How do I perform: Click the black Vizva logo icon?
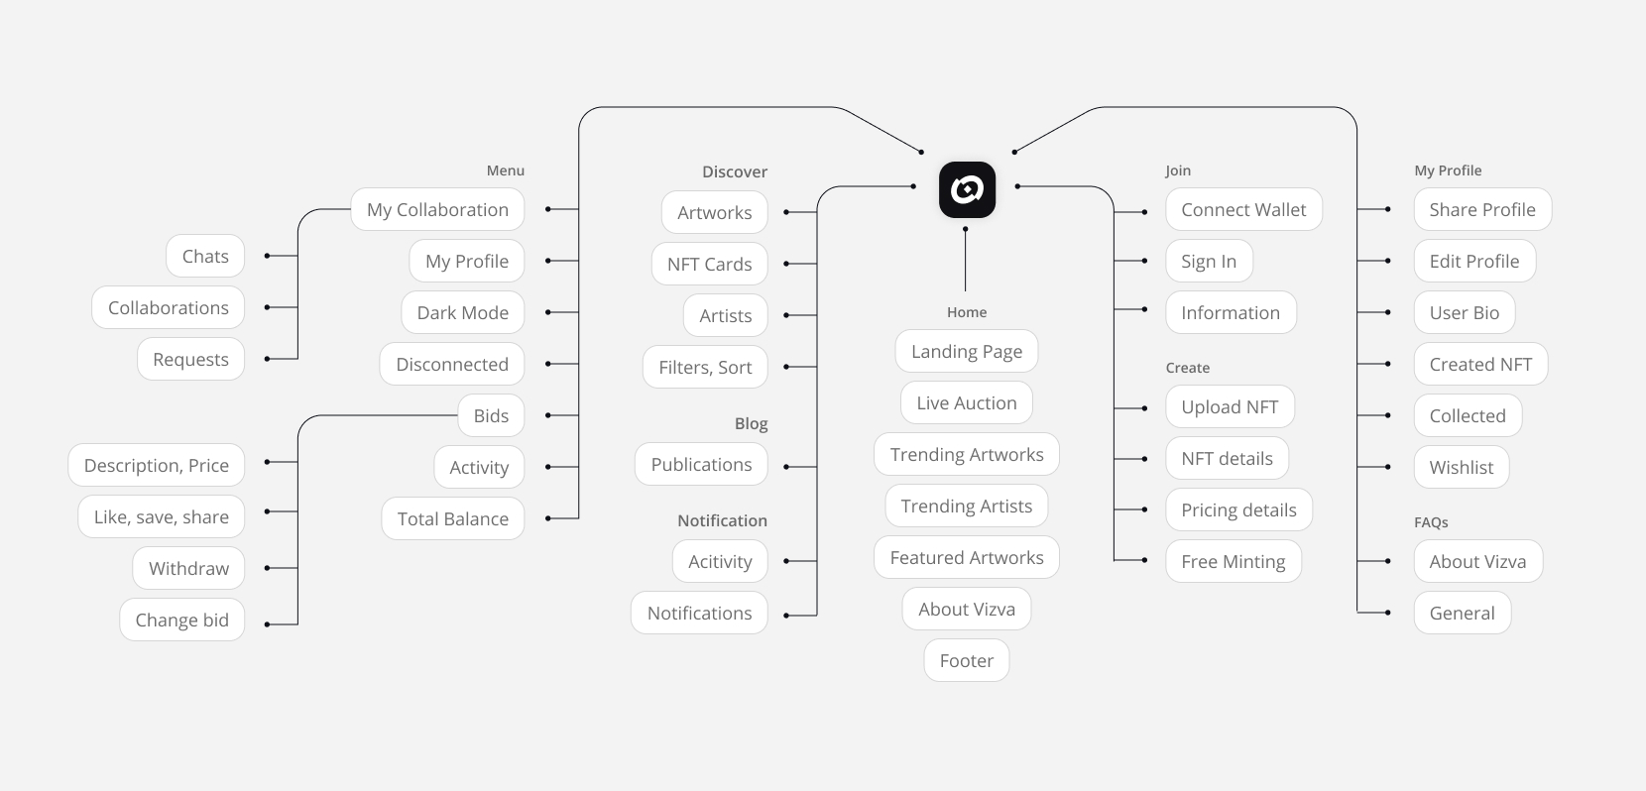click(x=967, y=189)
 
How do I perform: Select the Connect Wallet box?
click(x=1243, y=209)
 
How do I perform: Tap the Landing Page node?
click(x=967, y=351)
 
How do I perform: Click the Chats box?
click(x=205, y=256)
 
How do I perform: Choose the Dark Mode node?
click(x=463, y=312)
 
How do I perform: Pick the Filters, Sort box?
click(x=705, y=367)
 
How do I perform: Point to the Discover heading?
click(x=734, y=171)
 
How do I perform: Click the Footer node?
click(x=967, y=660)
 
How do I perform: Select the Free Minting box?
click(x=1234, y=561)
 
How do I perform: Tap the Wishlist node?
click(x=1461, y=467)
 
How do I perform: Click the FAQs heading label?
click(x=1431, y=522)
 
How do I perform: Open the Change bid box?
click(x=181, y=620)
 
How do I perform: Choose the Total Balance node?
click(x=452, y=518)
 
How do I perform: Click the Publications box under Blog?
click(x=701, y=464)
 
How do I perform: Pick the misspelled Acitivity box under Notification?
click(x=720, y=561)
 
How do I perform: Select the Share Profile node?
click(x=1482, y=209)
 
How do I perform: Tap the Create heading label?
click(x=1188, y=367)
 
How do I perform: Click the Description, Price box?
click(x=156, y=465)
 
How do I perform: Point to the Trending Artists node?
click(x=967, y=506)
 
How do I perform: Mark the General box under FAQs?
click(x=1462, y=613)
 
